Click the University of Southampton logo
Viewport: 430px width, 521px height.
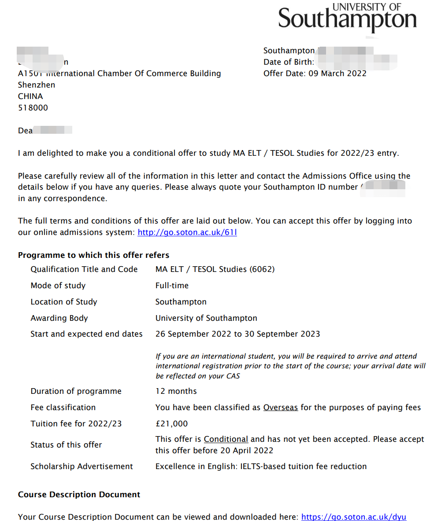point(347,18)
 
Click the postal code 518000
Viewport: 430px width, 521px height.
point(33,108)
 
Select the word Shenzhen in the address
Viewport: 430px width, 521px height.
point(37,85)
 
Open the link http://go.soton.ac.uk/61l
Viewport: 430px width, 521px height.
point(187,232)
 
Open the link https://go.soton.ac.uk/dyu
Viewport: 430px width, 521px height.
point(354,517)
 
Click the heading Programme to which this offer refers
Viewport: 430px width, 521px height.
point(93,255)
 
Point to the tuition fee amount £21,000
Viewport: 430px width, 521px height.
point(171,424)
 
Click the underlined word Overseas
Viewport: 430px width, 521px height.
point(281,407)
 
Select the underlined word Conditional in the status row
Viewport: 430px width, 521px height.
point(226,439)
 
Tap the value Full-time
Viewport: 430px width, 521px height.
point(172,286)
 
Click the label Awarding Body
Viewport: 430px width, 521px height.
point(59,318)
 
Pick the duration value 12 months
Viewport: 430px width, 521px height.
point(176,391)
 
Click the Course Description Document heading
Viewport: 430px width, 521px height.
point(79,495)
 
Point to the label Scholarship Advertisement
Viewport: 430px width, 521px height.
point(82,466)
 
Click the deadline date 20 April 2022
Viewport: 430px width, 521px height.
point(245,451)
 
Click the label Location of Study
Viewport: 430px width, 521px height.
point(63,302)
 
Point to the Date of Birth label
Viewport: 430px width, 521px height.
point(289,62)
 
